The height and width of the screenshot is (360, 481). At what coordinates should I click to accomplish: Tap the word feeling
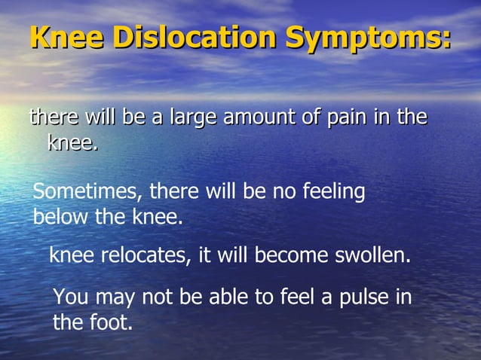coord(333,193)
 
